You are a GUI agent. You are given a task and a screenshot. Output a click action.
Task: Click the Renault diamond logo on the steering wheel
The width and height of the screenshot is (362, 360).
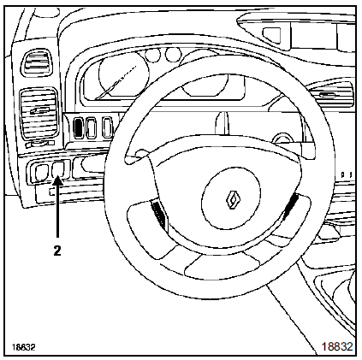pos(233,199)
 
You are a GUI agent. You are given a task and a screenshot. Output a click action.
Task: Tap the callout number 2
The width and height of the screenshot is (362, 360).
pos(57,251)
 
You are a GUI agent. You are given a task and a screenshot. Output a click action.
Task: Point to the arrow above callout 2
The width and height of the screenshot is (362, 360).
pos(57,206)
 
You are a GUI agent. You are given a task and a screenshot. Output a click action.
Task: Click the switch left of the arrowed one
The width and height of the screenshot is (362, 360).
pos(41,173)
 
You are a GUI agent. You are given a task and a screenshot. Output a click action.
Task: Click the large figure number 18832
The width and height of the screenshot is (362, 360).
pos(337,346)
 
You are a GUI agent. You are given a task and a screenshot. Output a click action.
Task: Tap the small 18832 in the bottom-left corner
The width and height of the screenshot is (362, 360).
pos(23,347)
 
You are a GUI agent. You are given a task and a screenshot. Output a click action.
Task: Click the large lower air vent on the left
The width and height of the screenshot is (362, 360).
pos(39,114)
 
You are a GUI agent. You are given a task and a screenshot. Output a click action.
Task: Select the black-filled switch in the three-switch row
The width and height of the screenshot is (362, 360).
pos(77,128)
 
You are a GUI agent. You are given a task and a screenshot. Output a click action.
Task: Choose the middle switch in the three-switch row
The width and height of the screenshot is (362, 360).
pos(91,128)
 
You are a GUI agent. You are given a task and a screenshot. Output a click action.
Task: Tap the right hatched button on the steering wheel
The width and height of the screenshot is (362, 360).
pos(290,207)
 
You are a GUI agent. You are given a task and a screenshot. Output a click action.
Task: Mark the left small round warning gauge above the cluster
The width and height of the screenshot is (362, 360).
pos(153,55)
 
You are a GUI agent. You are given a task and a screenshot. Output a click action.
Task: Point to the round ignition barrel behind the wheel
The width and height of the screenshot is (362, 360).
pos(282,139)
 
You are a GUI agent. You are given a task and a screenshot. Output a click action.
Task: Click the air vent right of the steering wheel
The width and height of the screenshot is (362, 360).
pos(330,93)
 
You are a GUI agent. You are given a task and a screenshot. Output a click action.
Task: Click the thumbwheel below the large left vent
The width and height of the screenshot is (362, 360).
pos(40,144)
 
